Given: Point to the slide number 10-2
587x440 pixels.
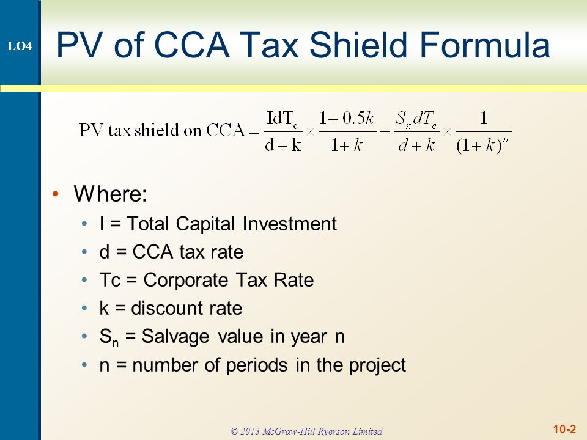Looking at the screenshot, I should (x=564, y=429).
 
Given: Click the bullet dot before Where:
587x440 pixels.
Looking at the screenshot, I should (x=56, y=194).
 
